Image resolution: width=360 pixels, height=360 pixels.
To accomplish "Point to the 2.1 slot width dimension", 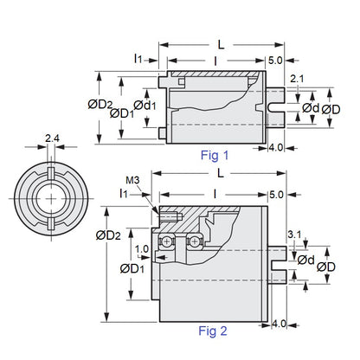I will (x=296, y=80).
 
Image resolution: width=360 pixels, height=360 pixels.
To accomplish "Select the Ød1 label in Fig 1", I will (x=146, y=105).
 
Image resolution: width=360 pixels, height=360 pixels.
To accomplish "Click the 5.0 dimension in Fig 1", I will (x=276, y=61).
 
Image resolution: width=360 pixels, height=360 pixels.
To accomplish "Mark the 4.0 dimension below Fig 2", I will (x=277, y=323).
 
